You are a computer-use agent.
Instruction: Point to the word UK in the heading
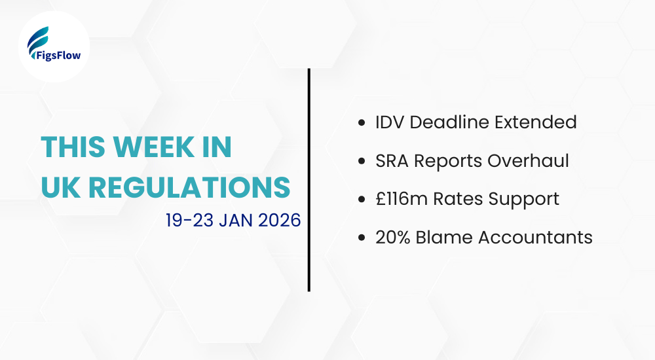[59, 187]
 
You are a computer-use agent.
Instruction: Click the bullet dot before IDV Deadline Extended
[362, 122]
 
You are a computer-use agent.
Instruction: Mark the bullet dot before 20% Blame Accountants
[362, 237]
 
